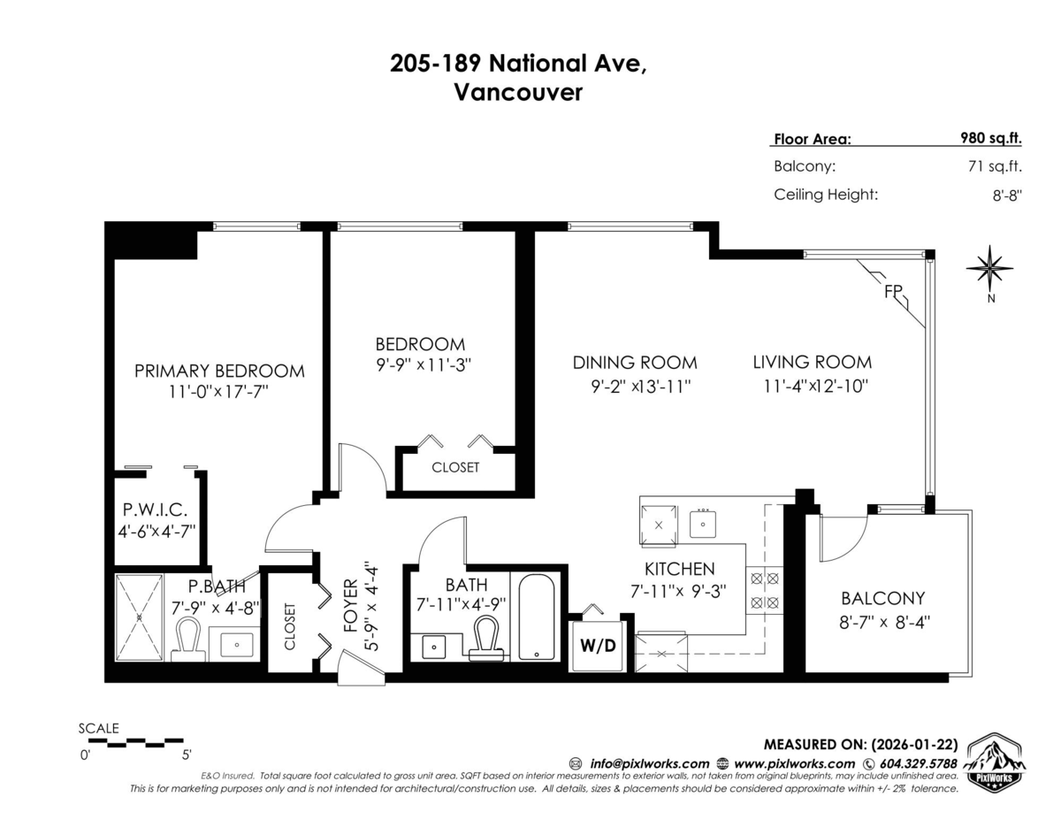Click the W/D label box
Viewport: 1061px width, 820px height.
coord(598,646)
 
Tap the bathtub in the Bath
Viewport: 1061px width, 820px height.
coord(536,617)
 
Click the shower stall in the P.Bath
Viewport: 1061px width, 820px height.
coord(139,617)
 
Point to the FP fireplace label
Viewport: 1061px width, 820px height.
coord(893,292)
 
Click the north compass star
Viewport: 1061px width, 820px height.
coord(989,268)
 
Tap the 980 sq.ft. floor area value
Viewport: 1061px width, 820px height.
coord(990,138)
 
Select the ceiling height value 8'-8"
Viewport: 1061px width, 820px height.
coord(1007,195)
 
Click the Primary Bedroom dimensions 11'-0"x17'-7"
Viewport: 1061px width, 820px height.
coord(219,392)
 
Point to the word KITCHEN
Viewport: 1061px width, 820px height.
coord(679,569)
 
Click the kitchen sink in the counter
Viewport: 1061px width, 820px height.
coord(703,524)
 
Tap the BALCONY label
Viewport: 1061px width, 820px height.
coord(882,598)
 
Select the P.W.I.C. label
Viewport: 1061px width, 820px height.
coord(155,510)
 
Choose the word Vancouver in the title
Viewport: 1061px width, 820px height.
coord(518,93)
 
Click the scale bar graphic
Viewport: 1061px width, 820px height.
coord(138,742)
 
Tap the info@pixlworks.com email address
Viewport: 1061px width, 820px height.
coord(649,764)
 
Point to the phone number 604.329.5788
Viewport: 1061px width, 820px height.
coord(918,764)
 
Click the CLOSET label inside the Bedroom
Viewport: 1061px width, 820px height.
coord(455,467)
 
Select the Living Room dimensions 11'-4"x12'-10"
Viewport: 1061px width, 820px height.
coord(816,387)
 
